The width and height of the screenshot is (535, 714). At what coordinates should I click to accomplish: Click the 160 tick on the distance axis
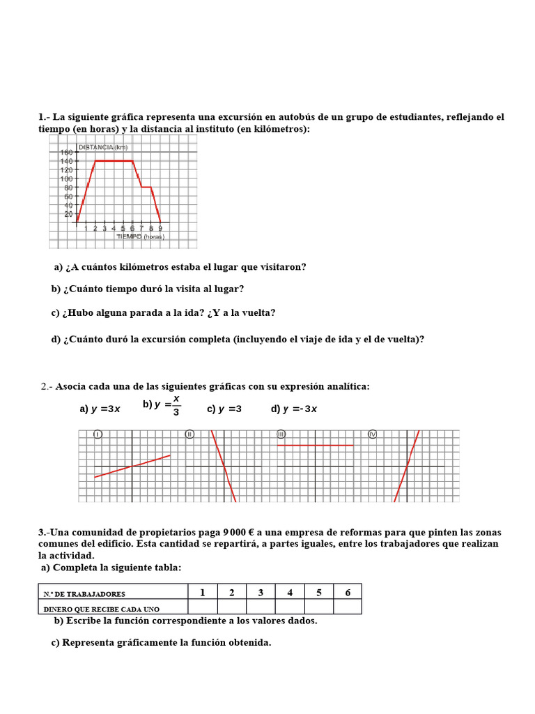(66, 152)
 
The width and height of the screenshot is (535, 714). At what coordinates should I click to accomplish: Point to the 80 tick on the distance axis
(68, 188)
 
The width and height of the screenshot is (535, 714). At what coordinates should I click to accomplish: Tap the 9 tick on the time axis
(160, 228)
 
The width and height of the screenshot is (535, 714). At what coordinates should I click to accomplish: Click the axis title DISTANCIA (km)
(103, 147)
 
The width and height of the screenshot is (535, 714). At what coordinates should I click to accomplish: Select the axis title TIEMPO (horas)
(139, 237)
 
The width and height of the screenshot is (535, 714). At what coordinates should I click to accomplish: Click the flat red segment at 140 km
(114, 161)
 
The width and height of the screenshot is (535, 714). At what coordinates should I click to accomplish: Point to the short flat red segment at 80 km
(146, 187)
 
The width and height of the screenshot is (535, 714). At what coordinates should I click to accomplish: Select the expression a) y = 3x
(100, 409)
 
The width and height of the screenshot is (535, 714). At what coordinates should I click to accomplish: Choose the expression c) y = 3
(224, 409)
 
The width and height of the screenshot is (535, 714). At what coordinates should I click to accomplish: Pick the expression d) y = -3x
(294, 409)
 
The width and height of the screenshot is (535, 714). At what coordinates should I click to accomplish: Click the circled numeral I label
(98, 434)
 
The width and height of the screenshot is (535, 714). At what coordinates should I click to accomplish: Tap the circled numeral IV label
(372, 434)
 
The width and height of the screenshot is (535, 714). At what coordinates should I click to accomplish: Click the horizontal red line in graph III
(316, 445)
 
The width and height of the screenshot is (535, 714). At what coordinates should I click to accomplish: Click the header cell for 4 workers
(290, 593)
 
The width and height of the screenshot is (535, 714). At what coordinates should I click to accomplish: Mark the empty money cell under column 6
(348, 607)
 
